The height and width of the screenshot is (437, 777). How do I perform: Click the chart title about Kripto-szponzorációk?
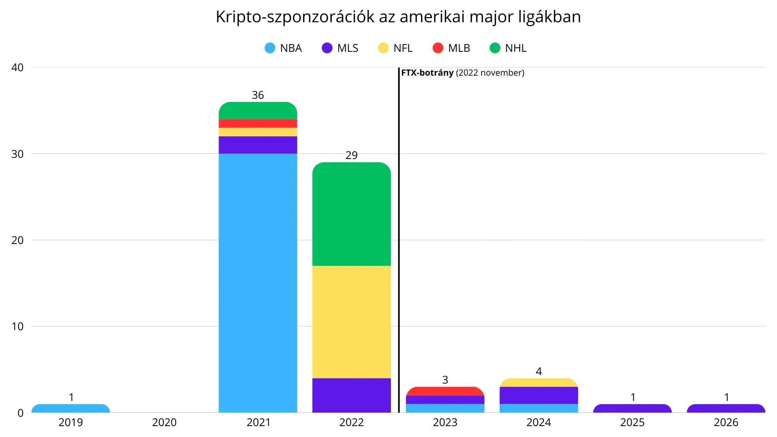click(398, 17)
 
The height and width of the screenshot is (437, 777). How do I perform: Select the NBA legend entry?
click(283, 48)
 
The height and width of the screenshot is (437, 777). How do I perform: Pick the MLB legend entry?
click(451, 48)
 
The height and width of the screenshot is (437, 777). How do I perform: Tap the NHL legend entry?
click(508, 48)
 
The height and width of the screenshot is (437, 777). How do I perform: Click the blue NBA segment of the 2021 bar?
click(258, 283)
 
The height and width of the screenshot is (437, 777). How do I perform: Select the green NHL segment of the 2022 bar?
click(351, 214)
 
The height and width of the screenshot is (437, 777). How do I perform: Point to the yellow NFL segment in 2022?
click(351, 322)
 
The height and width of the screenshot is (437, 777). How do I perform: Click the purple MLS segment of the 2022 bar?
click(351, 395)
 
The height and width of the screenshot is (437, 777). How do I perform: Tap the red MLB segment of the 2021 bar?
click(258, 123)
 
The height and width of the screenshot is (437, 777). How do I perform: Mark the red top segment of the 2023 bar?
click(445, 391)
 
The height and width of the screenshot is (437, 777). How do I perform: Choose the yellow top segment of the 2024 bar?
click(539, 383)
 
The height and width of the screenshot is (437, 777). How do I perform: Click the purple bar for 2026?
click(726, 409)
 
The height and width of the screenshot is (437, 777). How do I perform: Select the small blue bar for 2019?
click(71, 409)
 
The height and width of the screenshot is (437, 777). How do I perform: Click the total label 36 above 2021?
click(258, 95)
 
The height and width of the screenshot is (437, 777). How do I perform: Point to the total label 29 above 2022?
click(351, 155)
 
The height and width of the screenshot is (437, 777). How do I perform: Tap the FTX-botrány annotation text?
click(463, 73)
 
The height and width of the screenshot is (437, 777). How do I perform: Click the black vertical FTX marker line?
click(399, 243)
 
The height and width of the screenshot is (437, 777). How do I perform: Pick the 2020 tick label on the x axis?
click(164, 422)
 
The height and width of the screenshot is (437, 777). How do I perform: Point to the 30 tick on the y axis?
click(17, 154)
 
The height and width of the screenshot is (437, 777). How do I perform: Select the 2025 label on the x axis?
click(632, 422)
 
